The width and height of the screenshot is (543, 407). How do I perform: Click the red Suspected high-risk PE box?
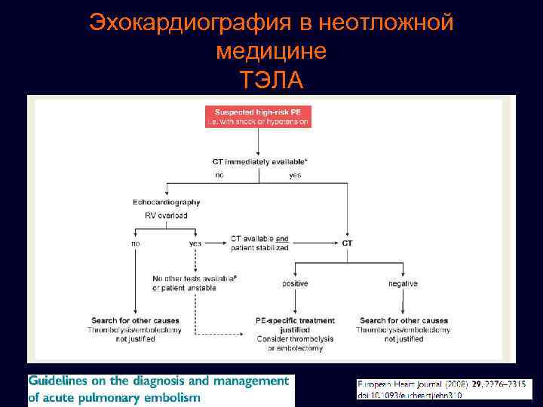point(258,117)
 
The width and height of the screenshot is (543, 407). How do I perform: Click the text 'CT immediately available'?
point(256,161)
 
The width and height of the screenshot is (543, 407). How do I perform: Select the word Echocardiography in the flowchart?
point(167,202)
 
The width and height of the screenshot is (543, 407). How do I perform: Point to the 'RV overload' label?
point(166,216)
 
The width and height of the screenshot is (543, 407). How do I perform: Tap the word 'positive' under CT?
point(296,283)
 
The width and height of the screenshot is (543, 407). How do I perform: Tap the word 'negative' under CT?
point(403,283)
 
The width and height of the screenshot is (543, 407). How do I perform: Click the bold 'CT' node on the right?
point(347,243)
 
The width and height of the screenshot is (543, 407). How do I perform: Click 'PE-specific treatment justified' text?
point(296,325)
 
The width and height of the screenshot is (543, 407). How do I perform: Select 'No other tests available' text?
point(195,283)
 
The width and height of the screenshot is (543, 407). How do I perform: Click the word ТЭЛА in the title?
point(271,79)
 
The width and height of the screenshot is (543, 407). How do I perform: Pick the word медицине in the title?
point(271,51)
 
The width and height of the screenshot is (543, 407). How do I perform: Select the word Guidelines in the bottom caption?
point(61,381)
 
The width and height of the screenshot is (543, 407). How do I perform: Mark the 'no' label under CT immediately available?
point(219,175)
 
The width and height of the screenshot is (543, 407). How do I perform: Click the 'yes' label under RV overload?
point(195,243)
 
